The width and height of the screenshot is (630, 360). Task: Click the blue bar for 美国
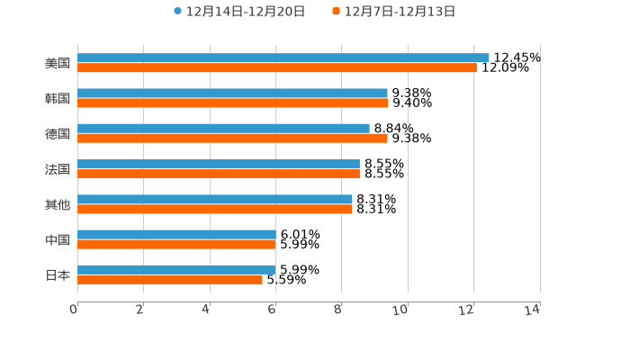283,58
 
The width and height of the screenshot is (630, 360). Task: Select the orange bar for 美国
277,67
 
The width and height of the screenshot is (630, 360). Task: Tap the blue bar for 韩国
232,93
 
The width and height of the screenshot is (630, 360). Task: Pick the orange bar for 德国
232,139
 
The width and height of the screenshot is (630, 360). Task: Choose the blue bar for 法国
219,164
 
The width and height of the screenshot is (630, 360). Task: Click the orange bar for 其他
215,209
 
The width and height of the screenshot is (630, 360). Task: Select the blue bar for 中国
176,234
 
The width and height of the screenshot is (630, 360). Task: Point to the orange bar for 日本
170,279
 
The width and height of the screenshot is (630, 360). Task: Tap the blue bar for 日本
176,269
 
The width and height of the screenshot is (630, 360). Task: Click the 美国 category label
58,63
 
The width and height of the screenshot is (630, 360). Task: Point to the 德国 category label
58,133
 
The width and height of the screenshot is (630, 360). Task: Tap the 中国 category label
58,239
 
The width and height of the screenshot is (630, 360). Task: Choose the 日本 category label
58,274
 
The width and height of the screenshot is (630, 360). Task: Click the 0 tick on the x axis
74,310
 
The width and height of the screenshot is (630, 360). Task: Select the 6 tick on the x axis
272,310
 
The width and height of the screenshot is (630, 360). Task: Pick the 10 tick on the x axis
400,310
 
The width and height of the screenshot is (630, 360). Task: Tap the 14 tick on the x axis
533,310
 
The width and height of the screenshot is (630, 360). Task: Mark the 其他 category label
58,204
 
